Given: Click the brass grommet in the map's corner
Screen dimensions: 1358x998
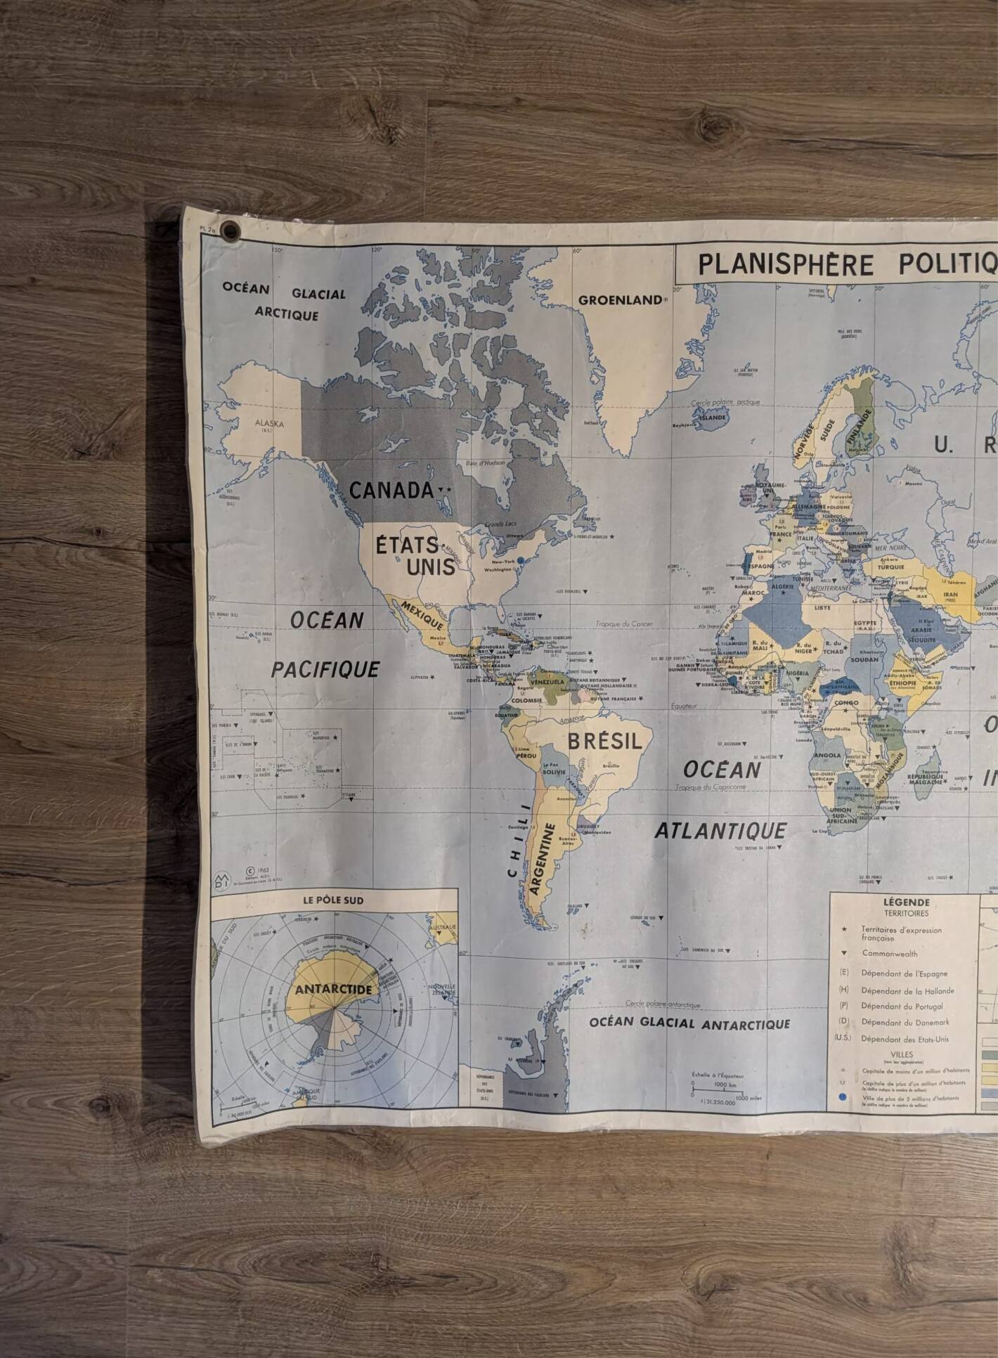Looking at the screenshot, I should click(x=230, y=231).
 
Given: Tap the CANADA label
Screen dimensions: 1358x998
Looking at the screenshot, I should click(x=391, y=490).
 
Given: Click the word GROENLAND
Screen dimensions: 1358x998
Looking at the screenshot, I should click(x=619, y=300).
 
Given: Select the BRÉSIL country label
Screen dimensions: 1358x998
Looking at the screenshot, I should click(x=604, y=741).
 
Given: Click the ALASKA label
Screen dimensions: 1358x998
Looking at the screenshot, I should click(x=269, y=423).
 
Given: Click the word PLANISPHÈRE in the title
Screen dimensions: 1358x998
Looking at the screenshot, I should click(x=786, y=265).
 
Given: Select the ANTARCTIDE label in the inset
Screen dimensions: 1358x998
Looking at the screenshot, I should click(x=334, y=989).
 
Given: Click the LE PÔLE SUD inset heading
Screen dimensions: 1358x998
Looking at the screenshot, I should click(x=334, y=900).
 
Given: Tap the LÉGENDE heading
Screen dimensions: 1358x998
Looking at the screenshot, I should click(x=906, y=903).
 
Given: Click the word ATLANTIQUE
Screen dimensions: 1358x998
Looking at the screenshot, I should click(x=720, y=831).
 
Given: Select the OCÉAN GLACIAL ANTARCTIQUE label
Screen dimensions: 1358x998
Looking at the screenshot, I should click(x=689, y=1024).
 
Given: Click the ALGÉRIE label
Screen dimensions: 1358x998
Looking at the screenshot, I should click(x=783, y=586).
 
